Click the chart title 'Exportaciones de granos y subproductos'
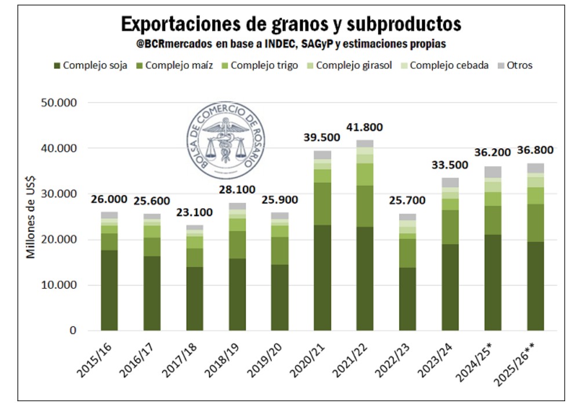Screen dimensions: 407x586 tap(291, 24)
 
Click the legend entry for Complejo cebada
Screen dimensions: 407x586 tap(449, 65)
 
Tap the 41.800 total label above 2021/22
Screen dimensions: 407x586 tap(364, 127)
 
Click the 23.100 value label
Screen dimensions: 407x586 tap(194, 212)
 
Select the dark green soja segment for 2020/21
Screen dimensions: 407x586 tap(322, 278)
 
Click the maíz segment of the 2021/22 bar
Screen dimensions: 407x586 tap(365, 206)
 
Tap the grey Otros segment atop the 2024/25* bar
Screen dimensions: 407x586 tap(493, 172)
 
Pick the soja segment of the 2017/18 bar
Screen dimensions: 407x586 tap(195, 299)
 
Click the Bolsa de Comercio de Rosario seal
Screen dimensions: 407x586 tap(226, 141)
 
